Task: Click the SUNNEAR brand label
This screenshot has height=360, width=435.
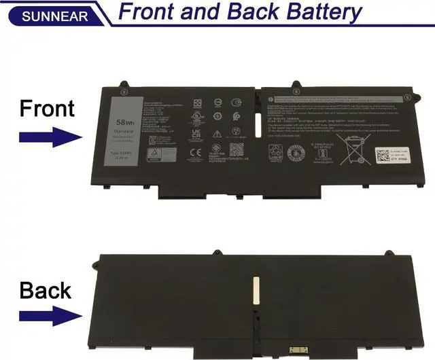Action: click(x=45, y=15)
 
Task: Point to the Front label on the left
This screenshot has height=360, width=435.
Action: click(x=47, y=108)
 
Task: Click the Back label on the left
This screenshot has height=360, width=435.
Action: click(x=46, y=290)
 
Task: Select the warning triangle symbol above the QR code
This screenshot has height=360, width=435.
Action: click(x=217, y=134)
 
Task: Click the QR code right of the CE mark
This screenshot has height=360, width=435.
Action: click(x=236, y=149)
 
